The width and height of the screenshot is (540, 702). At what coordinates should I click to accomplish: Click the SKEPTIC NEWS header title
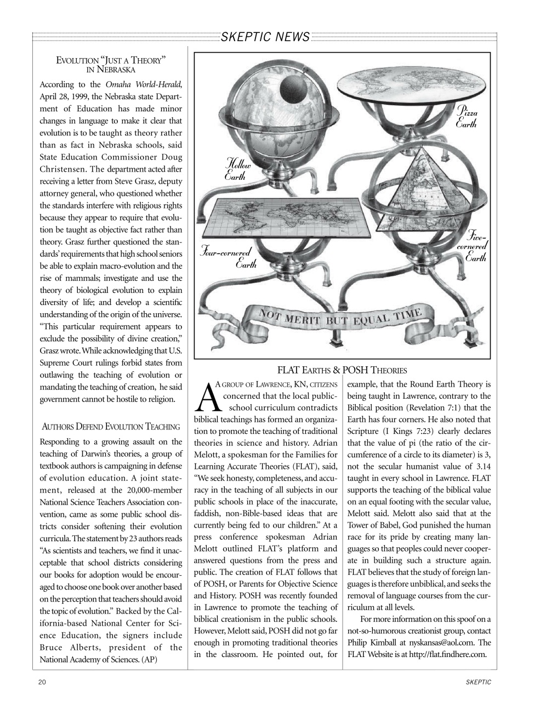[265, 37]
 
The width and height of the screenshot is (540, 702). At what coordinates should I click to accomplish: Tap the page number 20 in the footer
[42, 682]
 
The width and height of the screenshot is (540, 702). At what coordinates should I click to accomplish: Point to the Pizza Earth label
[467, 117]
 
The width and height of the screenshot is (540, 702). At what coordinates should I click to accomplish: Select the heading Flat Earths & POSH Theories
[342, 370]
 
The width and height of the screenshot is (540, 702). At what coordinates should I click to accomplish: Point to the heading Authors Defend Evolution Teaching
[111, 426]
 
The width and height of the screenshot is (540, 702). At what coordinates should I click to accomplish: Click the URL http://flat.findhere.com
[447, 654]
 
